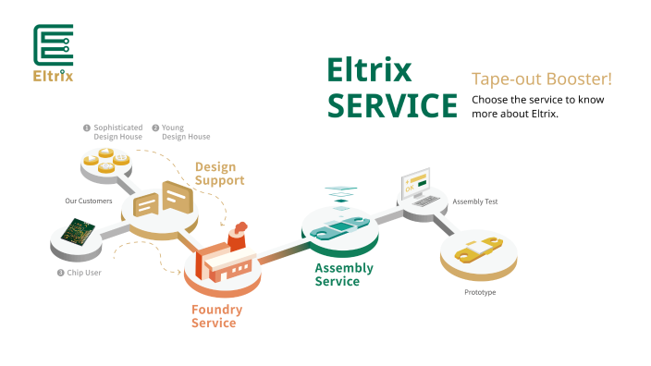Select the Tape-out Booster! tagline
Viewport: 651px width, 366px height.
click(542, 79)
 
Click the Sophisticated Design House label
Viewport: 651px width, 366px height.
click(117, 132)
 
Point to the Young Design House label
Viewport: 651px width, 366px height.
click(185, 132)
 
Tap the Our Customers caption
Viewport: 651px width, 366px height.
click(89, 201)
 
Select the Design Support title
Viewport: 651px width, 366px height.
click(219, 174)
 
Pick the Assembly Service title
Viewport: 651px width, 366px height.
click(344, 274)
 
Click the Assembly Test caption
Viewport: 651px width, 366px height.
click(474, 201)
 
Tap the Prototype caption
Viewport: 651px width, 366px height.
click(480, 292)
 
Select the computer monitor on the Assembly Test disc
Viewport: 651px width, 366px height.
click(414, 185)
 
